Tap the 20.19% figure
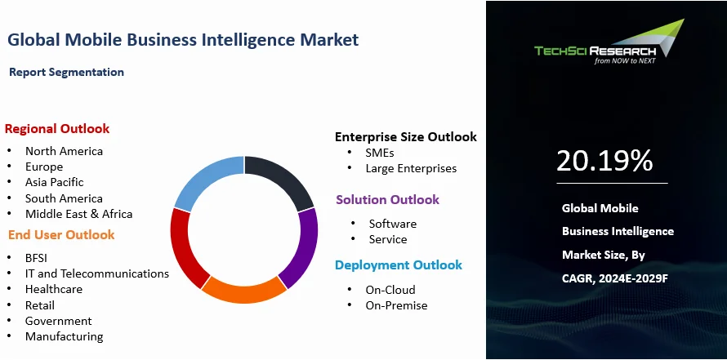click(604, 161)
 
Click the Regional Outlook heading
click(57, 129)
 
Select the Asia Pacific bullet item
click(54, 182)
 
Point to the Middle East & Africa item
click(78, 214)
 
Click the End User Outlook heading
click(61, 235)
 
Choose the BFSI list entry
click(37, 258)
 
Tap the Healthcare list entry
click(53, 289)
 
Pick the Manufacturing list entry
click(64, 336)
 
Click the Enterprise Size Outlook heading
click(405, 137)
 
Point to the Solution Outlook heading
click(387, 200)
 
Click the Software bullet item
click(392, 224)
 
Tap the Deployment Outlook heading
click(398, 265)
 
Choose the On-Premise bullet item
click(396, 305)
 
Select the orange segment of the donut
click(243, 290)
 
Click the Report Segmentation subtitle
click(66, 73)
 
